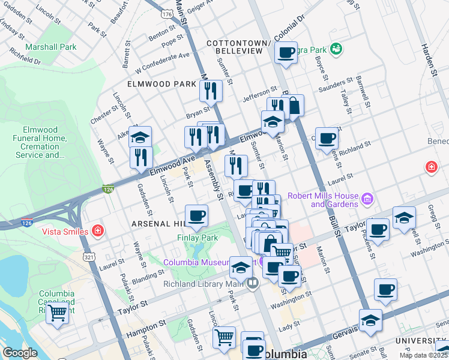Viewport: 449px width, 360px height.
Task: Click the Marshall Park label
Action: tap(51, 47)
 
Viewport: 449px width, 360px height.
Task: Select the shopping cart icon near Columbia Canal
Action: tap(57, 313)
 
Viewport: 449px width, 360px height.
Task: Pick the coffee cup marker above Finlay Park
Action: tap(196, 215)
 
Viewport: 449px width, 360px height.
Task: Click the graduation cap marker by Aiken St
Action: tap(140, 137)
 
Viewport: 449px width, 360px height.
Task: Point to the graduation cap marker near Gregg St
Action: tap(404, 217)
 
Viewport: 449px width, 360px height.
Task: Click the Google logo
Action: tap(20, 353)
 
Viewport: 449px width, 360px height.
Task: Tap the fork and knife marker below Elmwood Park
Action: tap(210, 91)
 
